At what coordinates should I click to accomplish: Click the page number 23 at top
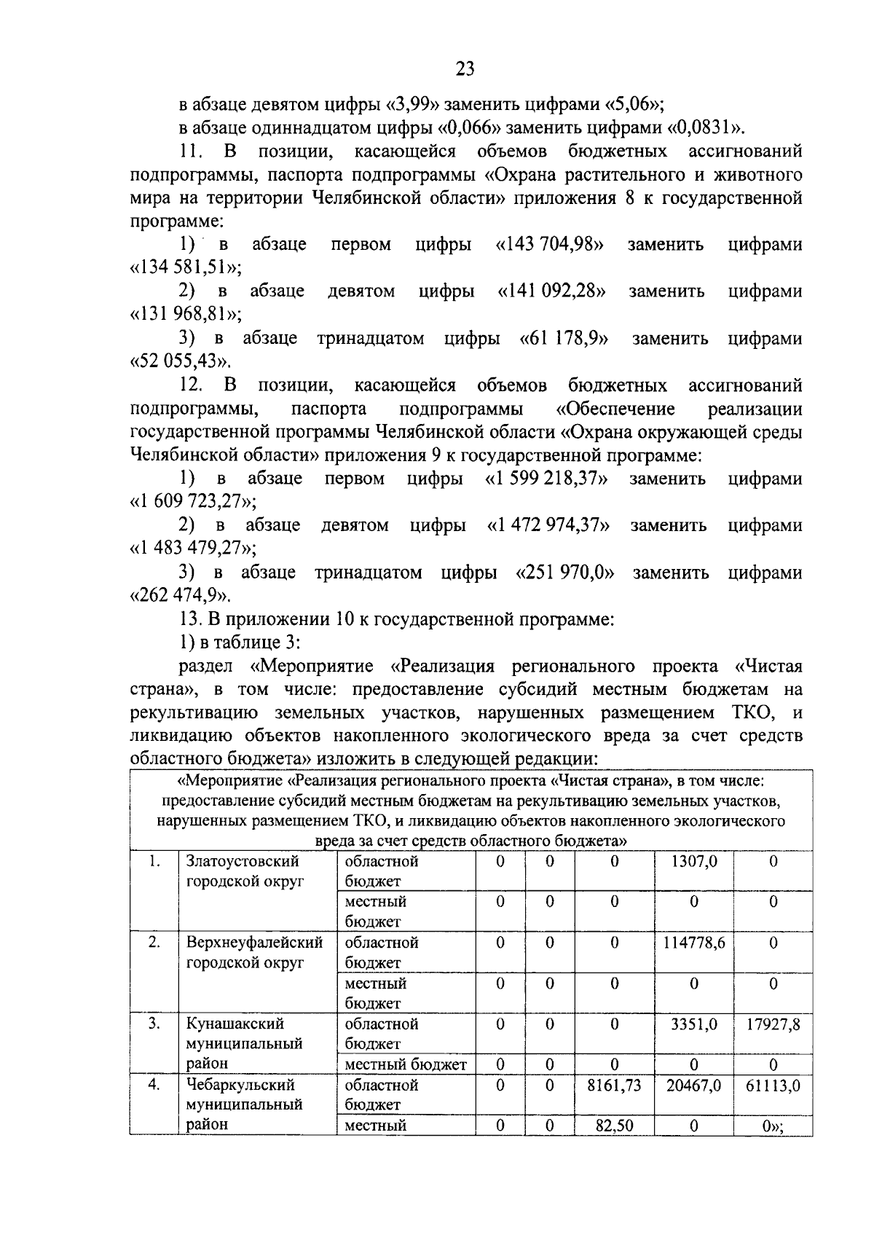tap(465, 69)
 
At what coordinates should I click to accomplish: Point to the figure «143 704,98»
tap(550, 244)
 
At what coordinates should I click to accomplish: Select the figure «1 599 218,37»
tap(546, 479)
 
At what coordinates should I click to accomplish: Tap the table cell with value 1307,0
tap(693, 861)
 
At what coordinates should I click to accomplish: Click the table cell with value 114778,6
tap(693, 943)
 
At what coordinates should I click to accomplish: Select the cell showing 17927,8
tap(773, 1024)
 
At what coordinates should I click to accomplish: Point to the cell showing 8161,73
tap(614, 1085)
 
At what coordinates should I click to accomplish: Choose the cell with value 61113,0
tap(773, 1085)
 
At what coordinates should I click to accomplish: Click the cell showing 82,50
tap(614, 1126)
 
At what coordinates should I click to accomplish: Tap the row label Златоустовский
tap(243, 861)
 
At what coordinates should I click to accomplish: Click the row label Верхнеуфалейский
tap(254, 943)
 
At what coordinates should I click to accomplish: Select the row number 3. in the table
tap(154, 1024)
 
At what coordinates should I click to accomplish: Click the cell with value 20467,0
tap(693, 1085)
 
